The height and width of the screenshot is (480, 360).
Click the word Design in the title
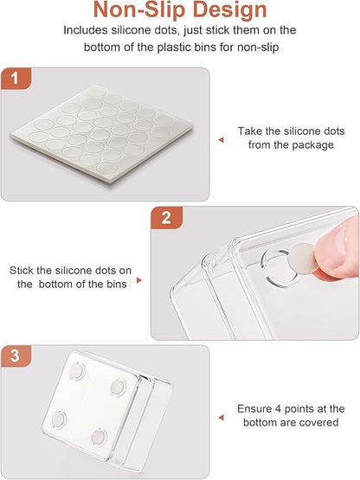(x=230, y=11)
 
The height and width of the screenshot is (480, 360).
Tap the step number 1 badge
(x=15, y=79)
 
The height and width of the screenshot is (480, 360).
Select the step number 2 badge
(x=166, y=218)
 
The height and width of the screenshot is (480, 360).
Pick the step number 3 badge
(x=15, y=355)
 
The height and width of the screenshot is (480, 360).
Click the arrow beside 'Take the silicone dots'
(x=222, y=140)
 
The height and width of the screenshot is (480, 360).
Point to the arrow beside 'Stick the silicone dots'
(x=139, y=280)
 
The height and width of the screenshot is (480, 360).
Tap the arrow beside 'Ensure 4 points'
(x=222, y=418)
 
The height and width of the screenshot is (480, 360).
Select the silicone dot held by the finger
(x=303, y=258)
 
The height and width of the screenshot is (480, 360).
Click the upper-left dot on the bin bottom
(x=76, y=371)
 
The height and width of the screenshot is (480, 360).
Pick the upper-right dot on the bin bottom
(x=118, y=387)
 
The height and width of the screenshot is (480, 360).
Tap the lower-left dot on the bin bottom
(x=59, y=419)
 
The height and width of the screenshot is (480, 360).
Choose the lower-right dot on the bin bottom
(x=99, y=437)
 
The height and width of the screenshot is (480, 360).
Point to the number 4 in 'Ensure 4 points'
(x=278, y=409)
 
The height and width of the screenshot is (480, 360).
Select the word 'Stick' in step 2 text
(x=22, y=271)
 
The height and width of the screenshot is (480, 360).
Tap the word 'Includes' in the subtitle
(x=86, y=30)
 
